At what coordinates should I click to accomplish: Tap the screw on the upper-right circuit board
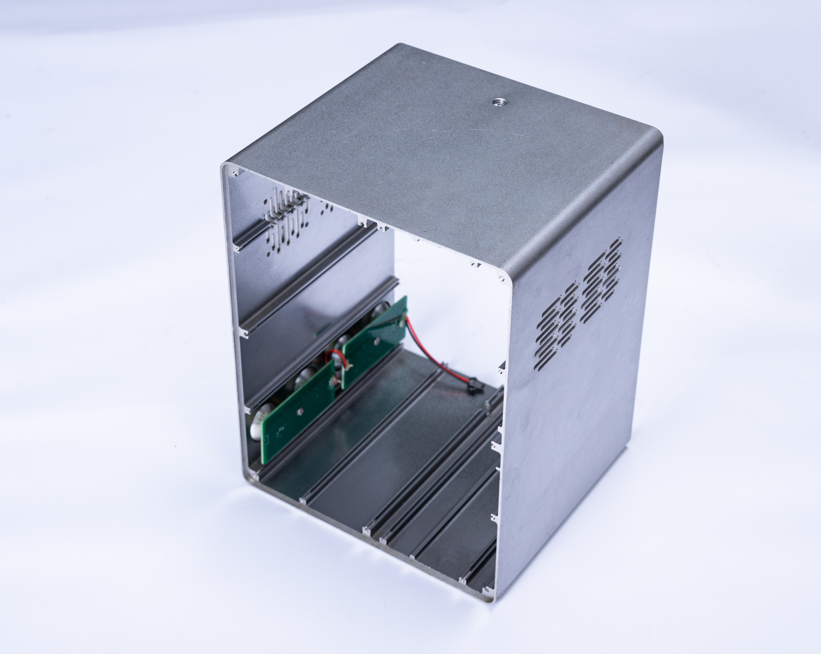[377, 339]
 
